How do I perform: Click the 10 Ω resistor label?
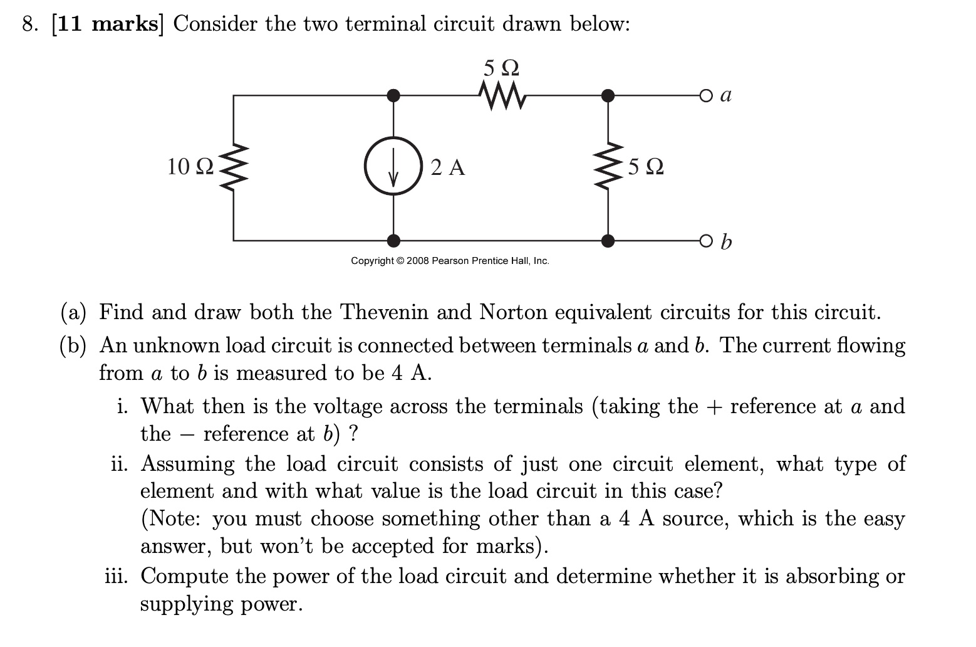click(190, 167)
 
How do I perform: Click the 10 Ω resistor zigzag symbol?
click(234, 167)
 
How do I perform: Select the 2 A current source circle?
click(393, 167)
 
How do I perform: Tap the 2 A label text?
click(448, 167)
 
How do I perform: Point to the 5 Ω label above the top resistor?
click(502, 66)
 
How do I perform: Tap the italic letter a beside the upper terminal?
click(726, 95)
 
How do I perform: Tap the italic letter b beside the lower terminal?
click(726, 241)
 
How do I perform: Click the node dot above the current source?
click(393, 95)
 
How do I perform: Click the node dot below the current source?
click(393, 241)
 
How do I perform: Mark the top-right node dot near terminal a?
click(607, 95)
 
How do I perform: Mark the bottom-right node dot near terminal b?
click(607, 241)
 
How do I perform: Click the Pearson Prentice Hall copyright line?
click(450, 261)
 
